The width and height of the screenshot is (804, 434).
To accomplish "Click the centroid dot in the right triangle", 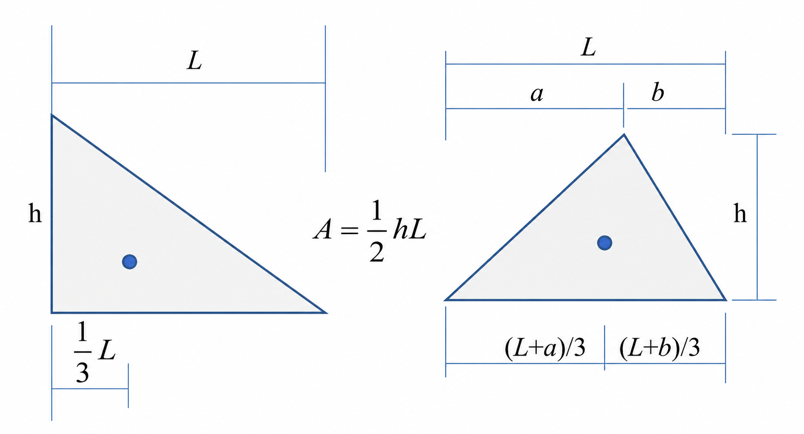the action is point(129,262).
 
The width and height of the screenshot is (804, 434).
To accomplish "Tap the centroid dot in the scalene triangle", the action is point(605,243).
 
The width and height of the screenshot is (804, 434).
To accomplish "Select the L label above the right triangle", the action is point(194,60).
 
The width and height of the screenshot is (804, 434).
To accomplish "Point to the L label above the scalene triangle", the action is point(588,47).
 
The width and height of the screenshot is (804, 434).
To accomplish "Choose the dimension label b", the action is point(658,92).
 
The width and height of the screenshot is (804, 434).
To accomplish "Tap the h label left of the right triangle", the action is point(35,213).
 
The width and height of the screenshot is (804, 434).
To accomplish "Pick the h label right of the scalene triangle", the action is point(740,213).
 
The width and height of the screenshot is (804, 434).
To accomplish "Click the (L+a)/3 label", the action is point(545,348).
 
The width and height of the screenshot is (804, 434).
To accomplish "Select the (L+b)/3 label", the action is point(659,348).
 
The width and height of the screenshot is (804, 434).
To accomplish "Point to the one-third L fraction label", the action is point(95,352).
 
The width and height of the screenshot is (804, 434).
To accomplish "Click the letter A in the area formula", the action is point(322,229).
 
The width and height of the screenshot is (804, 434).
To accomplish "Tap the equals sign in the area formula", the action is point(350,230).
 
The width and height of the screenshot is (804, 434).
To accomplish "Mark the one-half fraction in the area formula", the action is point(377,231).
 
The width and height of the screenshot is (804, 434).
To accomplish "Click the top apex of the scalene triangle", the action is point(624,134).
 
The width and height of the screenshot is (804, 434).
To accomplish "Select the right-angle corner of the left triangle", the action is point(52,312).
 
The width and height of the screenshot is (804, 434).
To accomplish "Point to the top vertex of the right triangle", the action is point(52,115).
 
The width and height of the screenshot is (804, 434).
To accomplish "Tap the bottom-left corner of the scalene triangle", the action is point(445,300).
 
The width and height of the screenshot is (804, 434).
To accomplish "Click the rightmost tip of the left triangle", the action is point(326,312).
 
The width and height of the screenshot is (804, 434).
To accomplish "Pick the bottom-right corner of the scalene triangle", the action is point(725,300).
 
